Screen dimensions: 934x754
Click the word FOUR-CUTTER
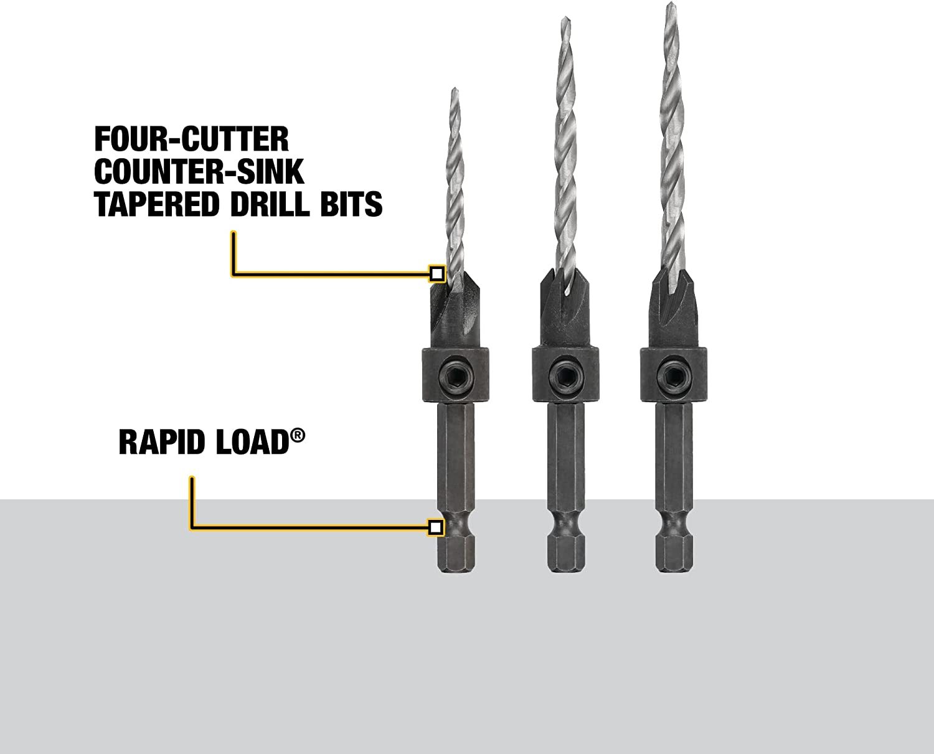tap(192, 139)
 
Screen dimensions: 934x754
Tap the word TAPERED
tap(156, 204)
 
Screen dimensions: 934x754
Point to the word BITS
tap(351, 204)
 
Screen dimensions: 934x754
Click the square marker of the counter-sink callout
tap(436, 274)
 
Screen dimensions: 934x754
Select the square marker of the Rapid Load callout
tap(435, 527)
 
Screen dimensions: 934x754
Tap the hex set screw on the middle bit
tap(565, 375)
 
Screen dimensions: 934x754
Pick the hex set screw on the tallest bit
tap(673, 374)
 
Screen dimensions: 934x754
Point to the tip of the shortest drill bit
tap(455, 88)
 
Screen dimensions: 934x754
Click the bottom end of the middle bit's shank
tap(565, 570)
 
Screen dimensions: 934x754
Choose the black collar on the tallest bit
tap(674, 374)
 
